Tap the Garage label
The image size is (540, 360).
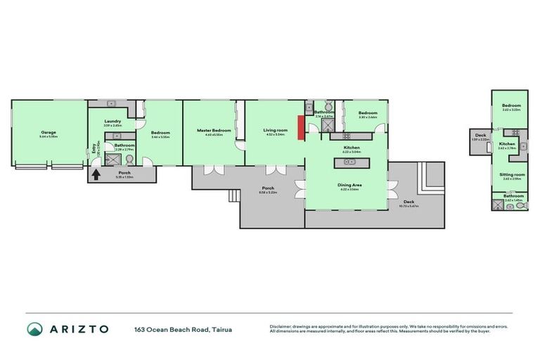point(49,132)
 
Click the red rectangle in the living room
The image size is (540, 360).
point(300,128)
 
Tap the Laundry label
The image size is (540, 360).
point(112,121)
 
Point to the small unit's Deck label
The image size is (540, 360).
point(481,135)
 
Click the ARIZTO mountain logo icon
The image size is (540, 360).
point(34,329)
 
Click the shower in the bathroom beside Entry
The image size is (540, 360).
point(109,160)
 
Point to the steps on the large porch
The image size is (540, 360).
point(233,198)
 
